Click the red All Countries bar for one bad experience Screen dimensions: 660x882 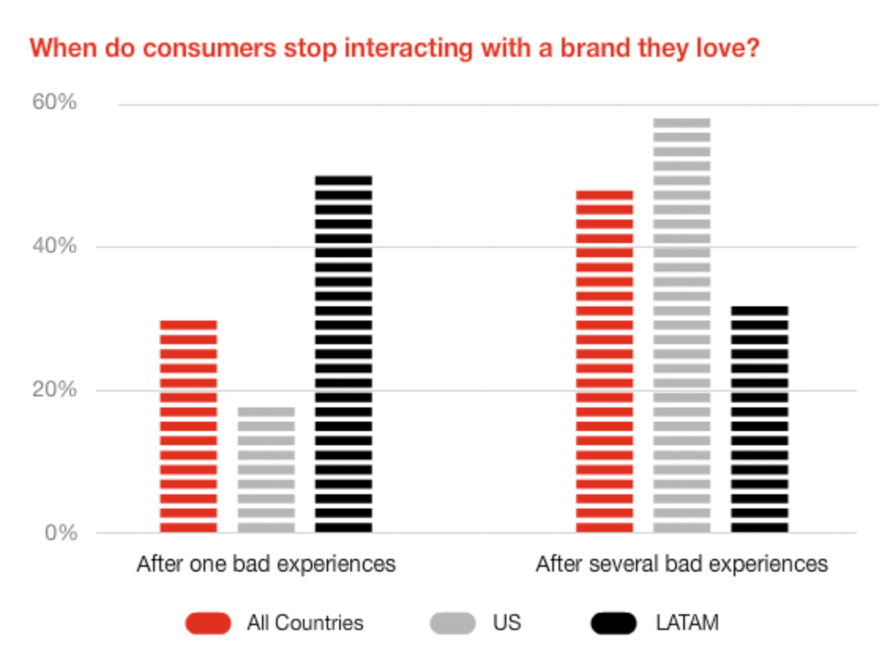pyautogui.click(x=189, y=426)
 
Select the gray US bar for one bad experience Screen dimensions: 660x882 pyautogui.click(x=266, y=470)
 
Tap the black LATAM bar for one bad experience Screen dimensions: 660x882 pyautogui.click(x=343, y=354)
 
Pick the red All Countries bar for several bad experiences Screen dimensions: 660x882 pyautogui.click(x=604, y=362)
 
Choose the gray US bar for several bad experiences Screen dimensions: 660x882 pyautogui.click(x=682, y=325)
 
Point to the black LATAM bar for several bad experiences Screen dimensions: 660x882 pyautogui.click(x=759, y=419)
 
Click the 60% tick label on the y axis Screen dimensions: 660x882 pyautogui.click(x=54, y=103)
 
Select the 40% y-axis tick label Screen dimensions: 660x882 pyautogui.click(x=54, y=246)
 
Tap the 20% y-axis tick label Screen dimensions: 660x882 pyautogui.click(x=54, y=390)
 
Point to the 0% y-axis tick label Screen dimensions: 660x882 pyautogui.click(x=59, y=533)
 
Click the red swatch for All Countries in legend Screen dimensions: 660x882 pyautogui.click(x=208, y=623)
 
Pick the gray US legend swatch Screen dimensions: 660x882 pyautogui.click(x=453, y=623)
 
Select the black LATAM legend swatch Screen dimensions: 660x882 pyautogui.click(x=613, y=623)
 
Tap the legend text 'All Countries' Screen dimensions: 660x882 pyautogui.click(x=305, y=623)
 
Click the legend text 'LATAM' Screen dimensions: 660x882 pyautogui.click(x=686, y=623)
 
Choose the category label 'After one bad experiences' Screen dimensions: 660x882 pyautogui.click(x=266, y=564)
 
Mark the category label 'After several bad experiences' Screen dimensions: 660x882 pyautogui.click(x=682, y=564)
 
